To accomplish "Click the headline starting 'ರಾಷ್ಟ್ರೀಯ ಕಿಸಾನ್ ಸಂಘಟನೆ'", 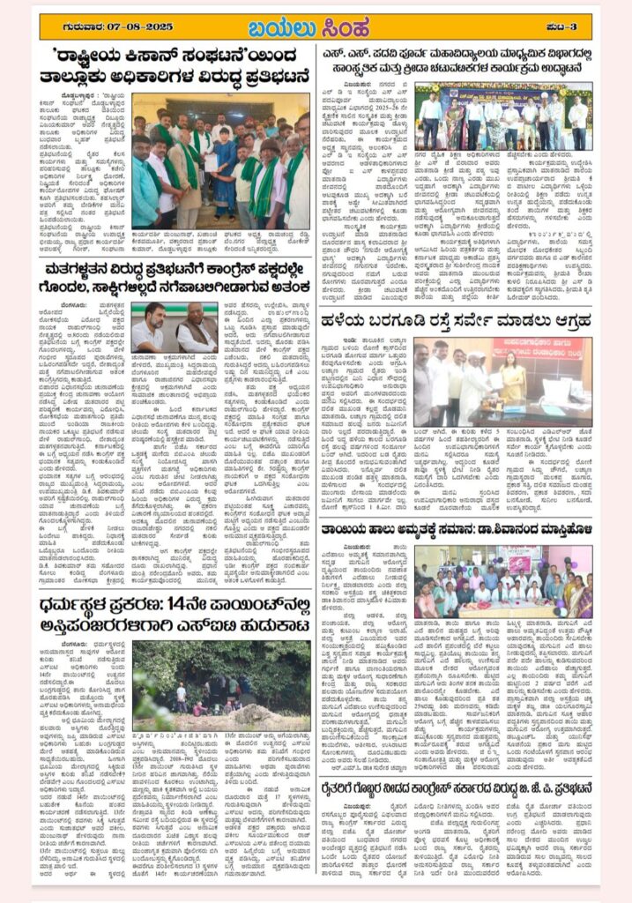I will tap(175, 67).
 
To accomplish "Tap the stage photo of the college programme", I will tap(503, 116).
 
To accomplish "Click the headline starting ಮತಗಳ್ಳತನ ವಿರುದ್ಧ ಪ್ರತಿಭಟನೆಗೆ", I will tap(175, 272).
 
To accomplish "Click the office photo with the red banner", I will tap(503, 380).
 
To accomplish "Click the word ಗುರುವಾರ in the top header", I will tap(71, 26).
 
